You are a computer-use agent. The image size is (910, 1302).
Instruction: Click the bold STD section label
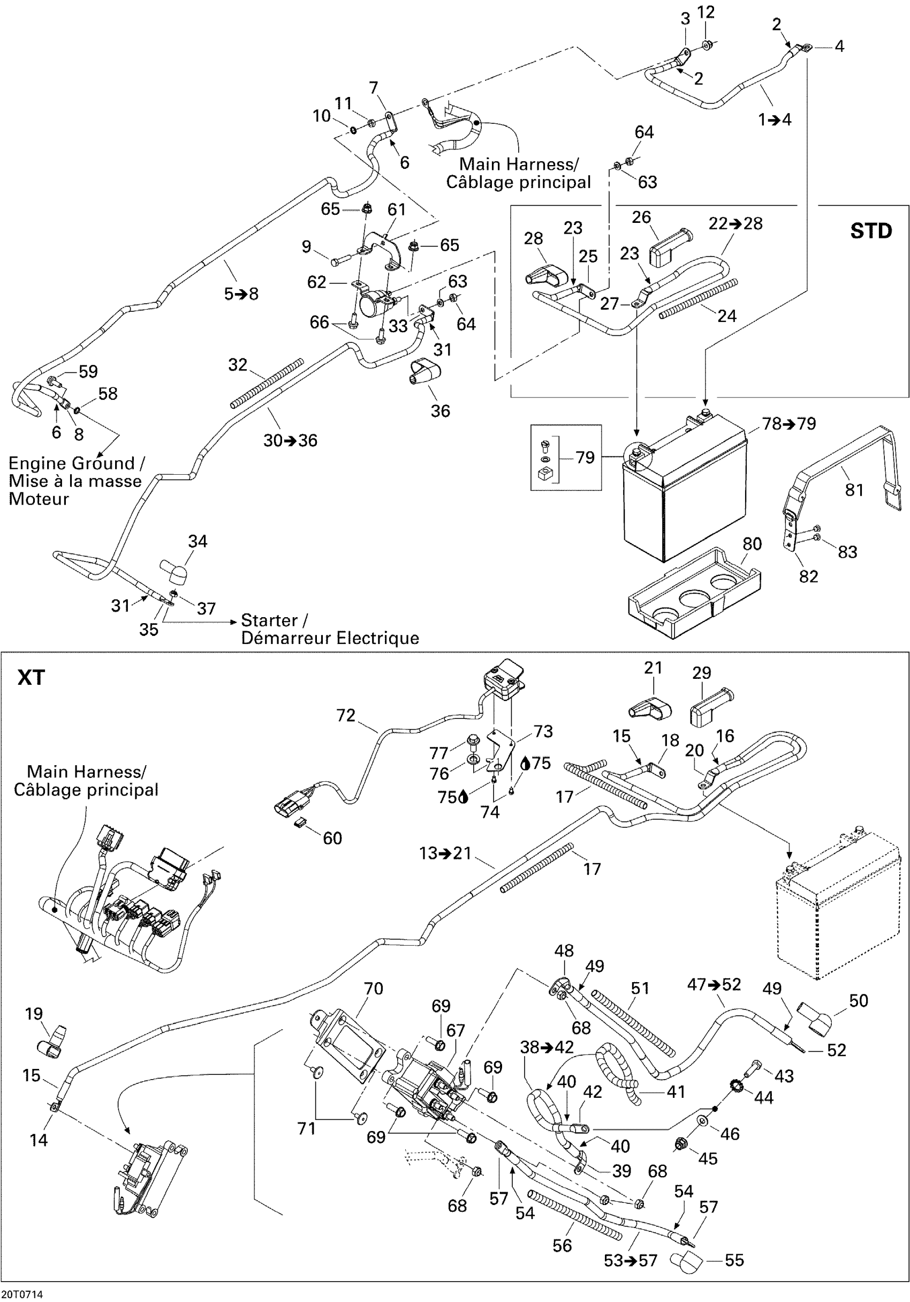click(x=871, y=231)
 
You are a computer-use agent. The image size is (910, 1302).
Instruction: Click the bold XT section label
click(x=31, y=677)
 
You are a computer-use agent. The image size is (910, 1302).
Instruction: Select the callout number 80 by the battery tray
click(x=752, y=543)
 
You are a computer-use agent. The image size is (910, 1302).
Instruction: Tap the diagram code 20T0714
click(x=21, y=1294)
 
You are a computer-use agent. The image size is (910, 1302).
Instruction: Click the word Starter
click(x=269, y=620)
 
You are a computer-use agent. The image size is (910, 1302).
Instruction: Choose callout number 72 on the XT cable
click(x=346, y=715)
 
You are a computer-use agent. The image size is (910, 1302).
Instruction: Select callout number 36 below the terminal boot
click(x=440, y=410)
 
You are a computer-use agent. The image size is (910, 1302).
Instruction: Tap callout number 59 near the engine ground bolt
click(x=88, y=371)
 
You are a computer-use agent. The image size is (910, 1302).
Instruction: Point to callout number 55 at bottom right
click(x=734, y=1260)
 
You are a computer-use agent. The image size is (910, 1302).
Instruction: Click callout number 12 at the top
click(x=706, y=12)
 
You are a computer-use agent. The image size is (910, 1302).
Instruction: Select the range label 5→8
click(x=241, y=294)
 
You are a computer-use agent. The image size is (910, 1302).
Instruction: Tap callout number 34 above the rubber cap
click(x=198, y=541)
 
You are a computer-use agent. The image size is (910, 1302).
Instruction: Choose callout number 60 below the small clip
click(x=332, y=838)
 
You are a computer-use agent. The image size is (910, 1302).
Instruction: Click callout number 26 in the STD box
click(x=641, y=216)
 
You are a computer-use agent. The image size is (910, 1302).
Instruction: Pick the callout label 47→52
click(x=714, y=984)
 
